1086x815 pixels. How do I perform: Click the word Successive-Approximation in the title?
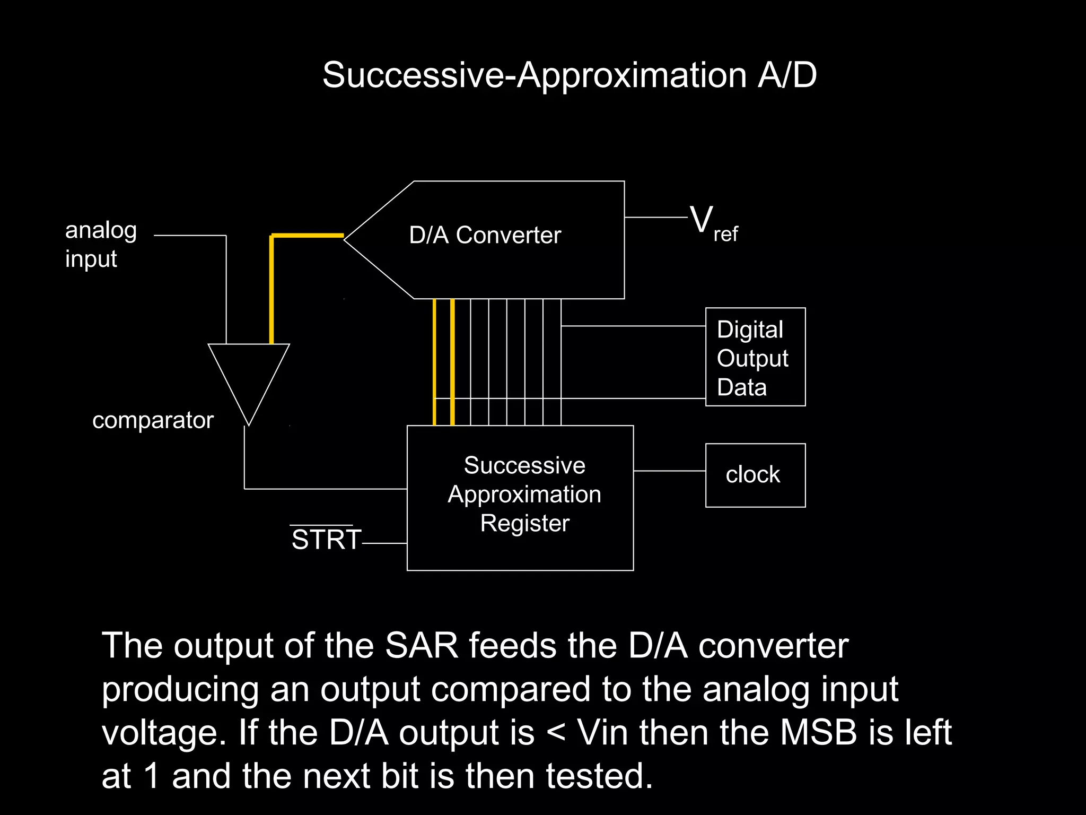coord(534,76)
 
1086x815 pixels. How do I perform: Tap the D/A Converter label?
coord(485,235)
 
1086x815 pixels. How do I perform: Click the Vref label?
coord(713,224)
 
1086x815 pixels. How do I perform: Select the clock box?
coord(755,475)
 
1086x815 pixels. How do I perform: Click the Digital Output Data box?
coord(755,357)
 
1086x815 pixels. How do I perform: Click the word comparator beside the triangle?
coord(153,420)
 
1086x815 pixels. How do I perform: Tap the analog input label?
coord(101,245)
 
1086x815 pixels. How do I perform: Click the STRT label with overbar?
coord(326,539)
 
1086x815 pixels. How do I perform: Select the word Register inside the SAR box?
coord(524,523)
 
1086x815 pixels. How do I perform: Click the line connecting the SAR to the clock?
coord(669,471)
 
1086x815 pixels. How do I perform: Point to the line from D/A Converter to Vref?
coord(655,217)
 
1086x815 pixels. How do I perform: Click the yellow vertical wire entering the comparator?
coord(271,292)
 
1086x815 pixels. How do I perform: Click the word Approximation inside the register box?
coord(524,495)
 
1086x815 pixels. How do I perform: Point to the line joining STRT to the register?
coord(384,543)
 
